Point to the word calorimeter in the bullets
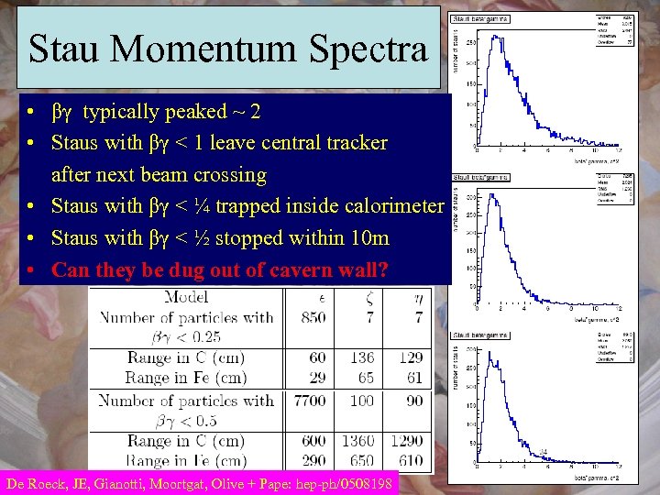coord(390,206)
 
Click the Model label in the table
coord(186,297)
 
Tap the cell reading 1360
coord(362,441)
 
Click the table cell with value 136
coord(363,358)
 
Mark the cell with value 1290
coord(410,441)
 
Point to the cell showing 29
coord(317,378)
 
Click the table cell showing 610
coord(412,461)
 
